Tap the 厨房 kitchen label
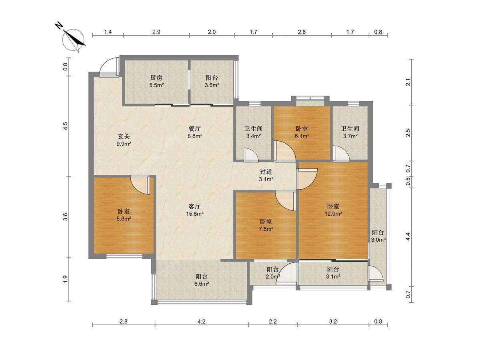tap(156, 78)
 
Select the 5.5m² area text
tap(156, 85)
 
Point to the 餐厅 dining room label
tap(194, 129)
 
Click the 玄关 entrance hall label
tap(124, 136)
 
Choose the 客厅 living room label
tap(194, 206)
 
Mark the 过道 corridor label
tap(266, 172)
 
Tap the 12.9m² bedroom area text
tap(333, 214)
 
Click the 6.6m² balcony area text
tap(202, 284)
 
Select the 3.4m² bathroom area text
tap(254, 136)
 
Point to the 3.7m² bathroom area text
tap(350, 136)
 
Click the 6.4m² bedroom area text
tap(302, 136)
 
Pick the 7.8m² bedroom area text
tap(266, 229)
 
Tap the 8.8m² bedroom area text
tap(124, 218)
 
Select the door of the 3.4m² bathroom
tap(251, 155)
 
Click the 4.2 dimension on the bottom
tap(202, 321)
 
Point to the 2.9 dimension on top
tap(156, 32)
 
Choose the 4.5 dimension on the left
tap(66, 126)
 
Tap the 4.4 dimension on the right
tap(408, 237)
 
